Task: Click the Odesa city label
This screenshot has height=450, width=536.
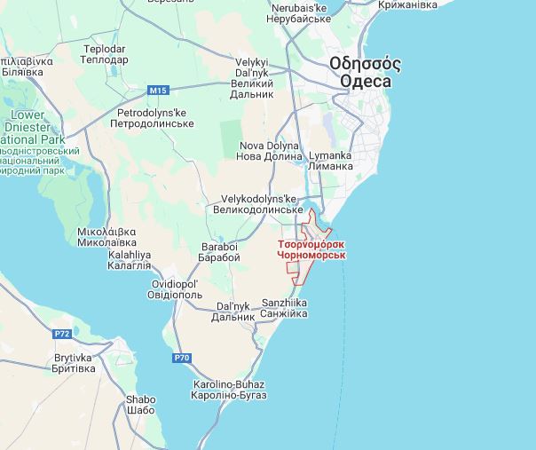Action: coord(364,73)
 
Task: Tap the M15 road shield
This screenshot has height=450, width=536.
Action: coord(158,91)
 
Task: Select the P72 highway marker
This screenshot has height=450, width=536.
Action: coord(62,334)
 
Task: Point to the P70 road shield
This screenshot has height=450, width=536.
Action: coord(181,358)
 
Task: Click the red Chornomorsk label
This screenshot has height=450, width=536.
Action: coord(311,249)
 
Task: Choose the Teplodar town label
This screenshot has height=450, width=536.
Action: coord(105,54)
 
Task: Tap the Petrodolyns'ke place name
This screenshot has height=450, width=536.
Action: coord(152,118)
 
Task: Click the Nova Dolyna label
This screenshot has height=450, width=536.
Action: coord(270,151)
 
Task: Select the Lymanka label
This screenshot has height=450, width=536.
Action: coord(329,161)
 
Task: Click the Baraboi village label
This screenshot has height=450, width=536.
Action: coord(219,252)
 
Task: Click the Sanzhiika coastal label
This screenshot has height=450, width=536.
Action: coord(285,308)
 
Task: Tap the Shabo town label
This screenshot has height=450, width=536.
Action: coord(141,405)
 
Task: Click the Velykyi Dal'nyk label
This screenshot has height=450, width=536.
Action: coord(252,77)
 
